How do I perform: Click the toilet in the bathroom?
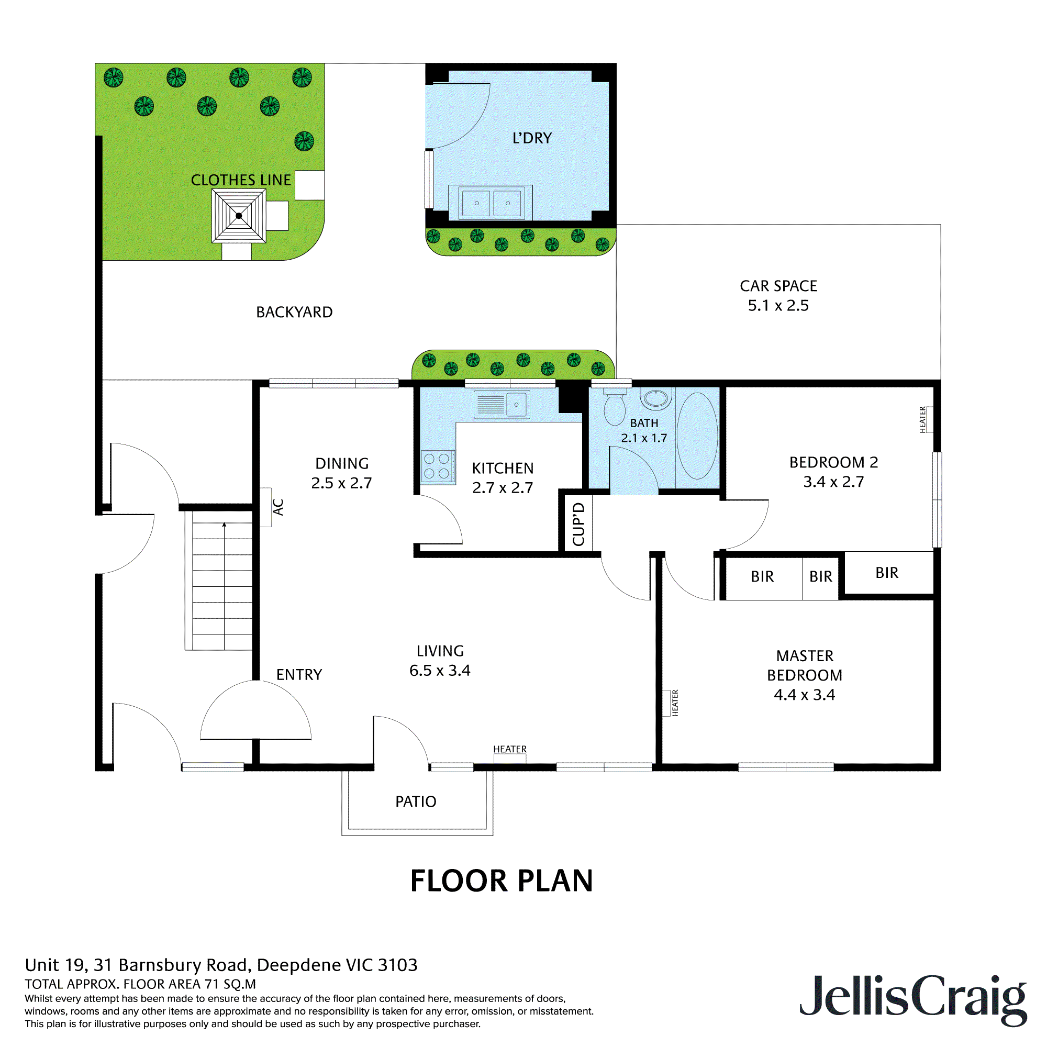coord(615,407)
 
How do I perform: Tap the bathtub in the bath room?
coord(697,436)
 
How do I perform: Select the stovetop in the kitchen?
coord(437,466)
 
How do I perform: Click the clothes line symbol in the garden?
coord(238,216)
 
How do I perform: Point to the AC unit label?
coord(278,507)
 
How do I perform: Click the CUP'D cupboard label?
coord(579,524)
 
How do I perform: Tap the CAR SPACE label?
coord(778,286)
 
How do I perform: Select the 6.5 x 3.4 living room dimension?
coord(440,671)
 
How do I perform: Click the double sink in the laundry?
coord(492,203)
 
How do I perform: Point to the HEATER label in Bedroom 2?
coord(922,419)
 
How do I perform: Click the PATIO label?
coord(416,801)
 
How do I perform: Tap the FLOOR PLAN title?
coord(502,881)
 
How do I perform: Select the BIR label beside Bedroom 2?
coord(887,573)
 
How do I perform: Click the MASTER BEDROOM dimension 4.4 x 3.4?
coord(804,695)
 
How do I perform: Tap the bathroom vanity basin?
coord(656,398)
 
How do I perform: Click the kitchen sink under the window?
coord(502,404)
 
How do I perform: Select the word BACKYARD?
coord(294,312)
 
